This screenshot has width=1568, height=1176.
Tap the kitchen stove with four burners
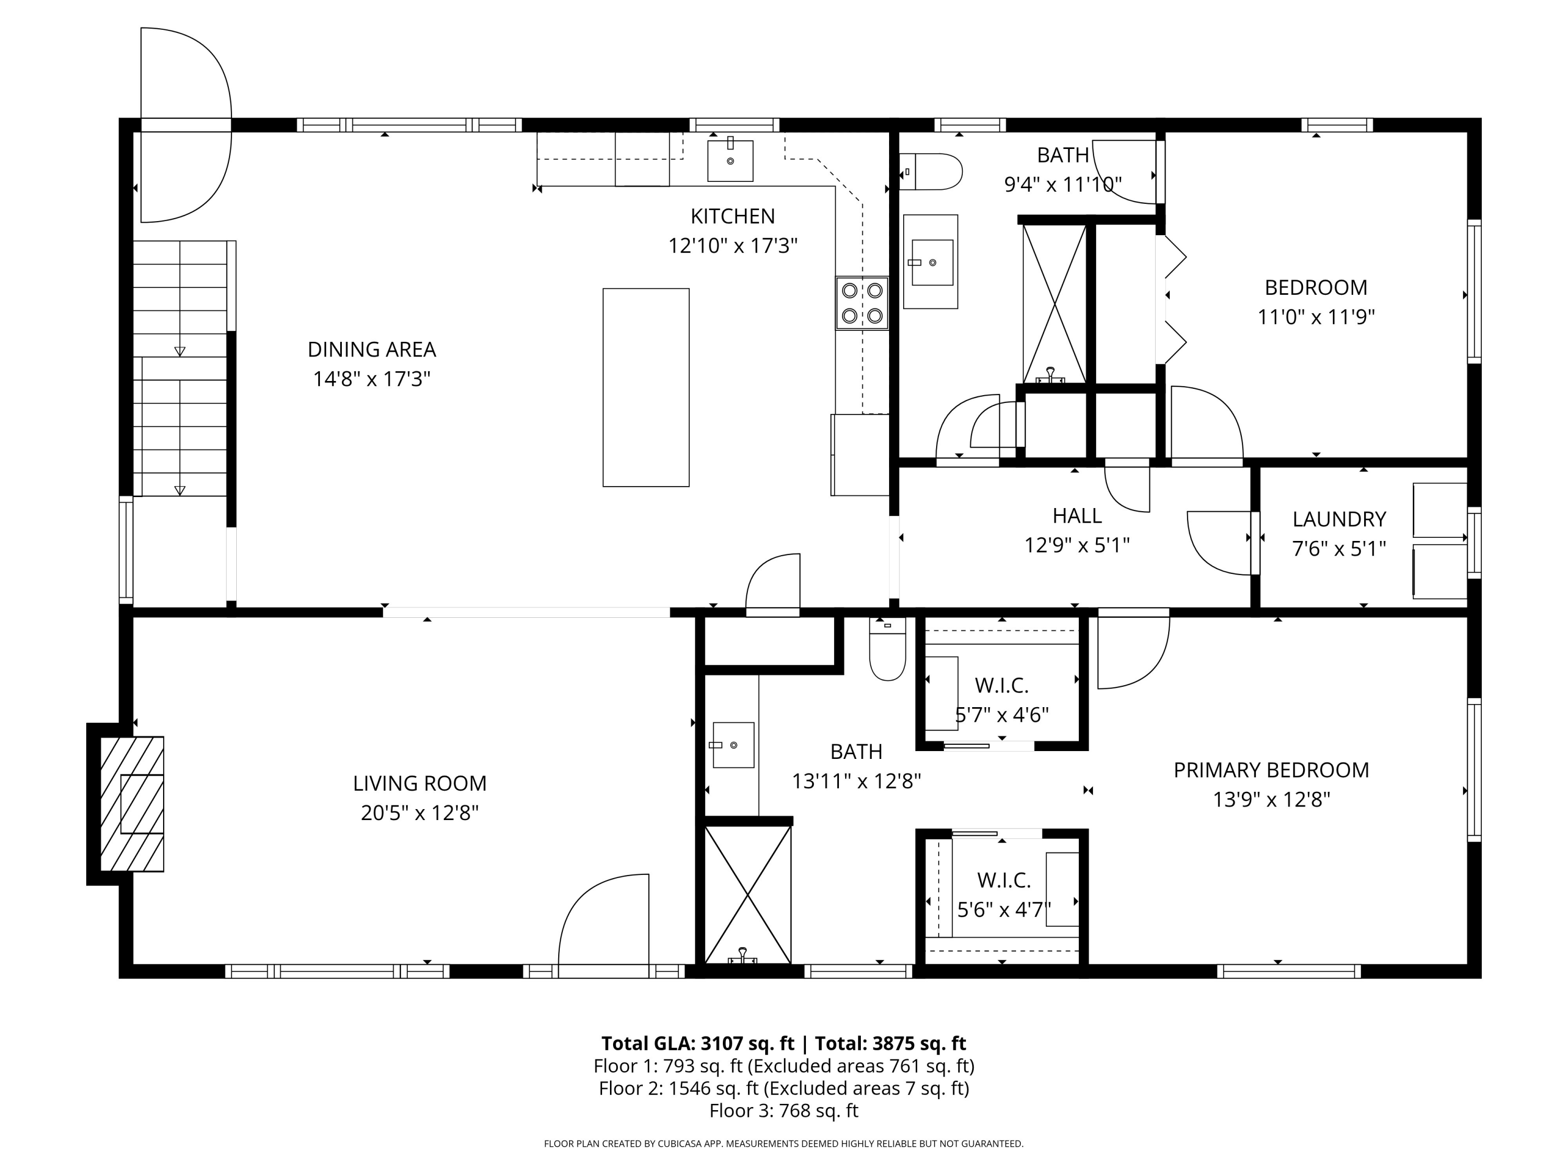(x=861, y=303)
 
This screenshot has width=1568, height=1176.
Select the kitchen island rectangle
(x=646, y=387)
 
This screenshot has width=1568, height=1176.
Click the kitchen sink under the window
(x=730, y=161)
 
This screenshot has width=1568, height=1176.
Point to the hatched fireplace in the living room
(x=132, y=804)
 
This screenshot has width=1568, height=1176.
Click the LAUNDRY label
(x=1339, y=519)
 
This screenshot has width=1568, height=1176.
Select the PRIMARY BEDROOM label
(x=1271, y=770)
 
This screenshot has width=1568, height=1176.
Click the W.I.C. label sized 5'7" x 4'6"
(x=1001, y=685)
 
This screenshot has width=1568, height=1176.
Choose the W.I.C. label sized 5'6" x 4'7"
(x=1004, y=880)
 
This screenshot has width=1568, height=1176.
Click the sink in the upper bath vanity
(x=931, y=262)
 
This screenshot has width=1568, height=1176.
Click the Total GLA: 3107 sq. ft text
(x=698, y=1043)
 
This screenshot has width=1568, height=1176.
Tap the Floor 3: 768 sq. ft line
(x=783, y=1111)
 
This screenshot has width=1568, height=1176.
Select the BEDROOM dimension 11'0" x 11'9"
(x=1316, y=317)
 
